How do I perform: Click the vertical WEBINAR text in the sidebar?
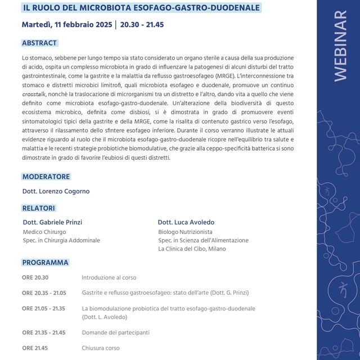[x=340, y=46]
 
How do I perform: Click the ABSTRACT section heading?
[x=40, y=43]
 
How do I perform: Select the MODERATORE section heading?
[x=46, y=177]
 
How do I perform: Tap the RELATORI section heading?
[x=39, y=208]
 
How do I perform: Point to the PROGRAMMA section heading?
[x=46, y=263]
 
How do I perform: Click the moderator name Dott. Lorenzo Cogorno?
[x=56, y=191]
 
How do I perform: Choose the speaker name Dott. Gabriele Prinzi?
[x=52, y=222]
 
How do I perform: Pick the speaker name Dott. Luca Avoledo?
[x=186, y=222]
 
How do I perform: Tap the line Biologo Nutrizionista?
[x=185, y=232]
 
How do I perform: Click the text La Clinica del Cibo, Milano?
[x=192, y=249]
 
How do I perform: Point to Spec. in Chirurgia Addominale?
[x=61, y=240]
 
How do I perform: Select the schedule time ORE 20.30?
[x=35, y=277]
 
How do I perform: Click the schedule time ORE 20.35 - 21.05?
[x=44, y=292]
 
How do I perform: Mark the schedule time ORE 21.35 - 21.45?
[x=44, y=332]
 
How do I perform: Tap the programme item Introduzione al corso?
[x=109, y=277]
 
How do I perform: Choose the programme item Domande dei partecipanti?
[x=115, y=332]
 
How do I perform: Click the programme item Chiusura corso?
[x=101, y=348]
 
